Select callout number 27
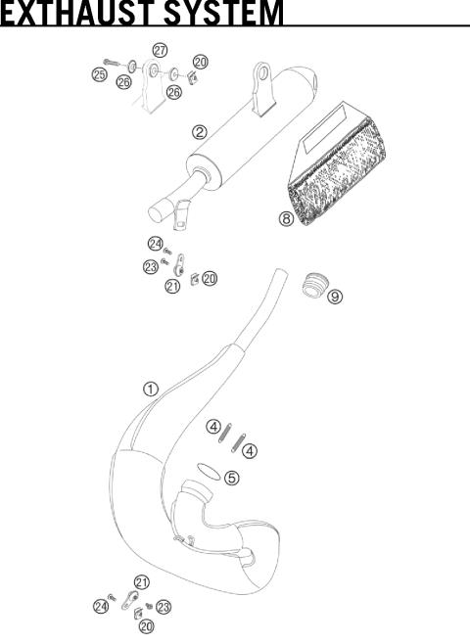click(160, 49)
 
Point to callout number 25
click(100, 74)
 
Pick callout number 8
click(286, 219)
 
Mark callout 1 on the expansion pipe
click(151, 389)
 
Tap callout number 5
click(231, 478)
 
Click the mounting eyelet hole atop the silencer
click(262, 72)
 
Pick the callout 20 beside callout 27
click(200, 61)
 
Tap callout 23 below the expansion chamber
click(164, 606)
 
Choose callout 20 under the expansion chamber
click(146, 626)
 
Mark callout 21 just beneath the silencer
click(172, 286)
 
